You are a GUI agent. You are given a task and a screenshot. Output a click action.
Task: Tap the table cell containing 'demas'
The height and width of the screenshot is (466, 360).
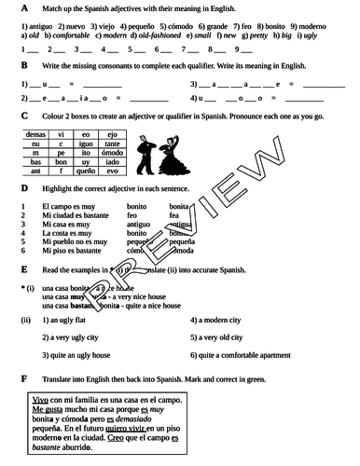pos(33,134)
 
